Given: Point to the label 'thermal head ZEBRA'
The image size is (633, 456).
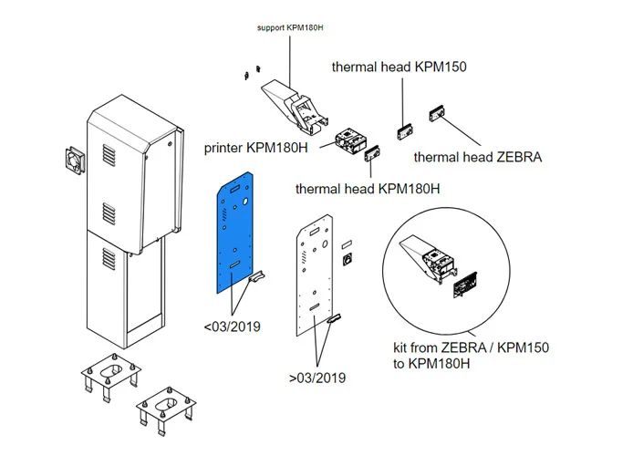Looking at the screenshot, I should click(x=477, y=157).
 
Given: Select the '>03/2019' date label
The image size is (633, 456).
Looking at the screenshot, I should click(x=317, y=377).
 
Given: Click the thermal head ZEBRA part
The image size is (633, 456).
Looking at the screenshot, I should click(x=435, y=117).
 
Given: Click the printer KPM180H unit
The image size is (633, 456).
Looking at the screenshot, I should click(x=348, y=141).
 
